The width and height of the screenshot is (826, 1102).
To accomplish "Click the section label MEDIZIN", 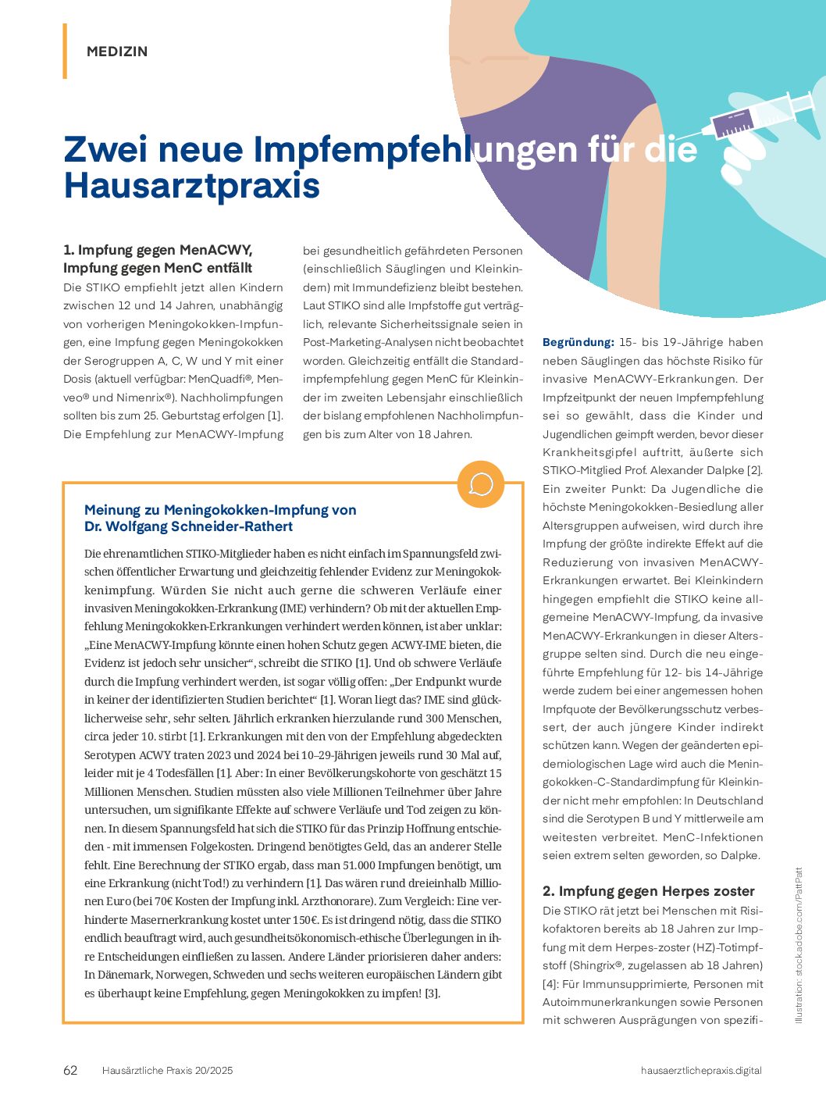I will (x=117, y=52).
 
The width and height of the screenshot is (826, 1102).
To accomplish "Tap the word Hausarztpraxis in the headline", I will (x=192, y=186).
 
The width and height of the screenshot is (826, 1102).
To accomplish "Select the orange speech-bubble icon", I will (x=480, y=484).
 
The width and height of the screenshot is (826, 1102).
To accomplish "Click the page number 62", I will (x=70, y=1070).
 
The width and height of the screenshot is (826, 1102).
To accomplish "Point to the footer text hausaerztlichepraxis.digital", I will (x=700, y=1070).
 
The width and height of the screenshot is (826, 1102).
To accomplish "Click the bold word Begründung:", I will (x=579, y=342).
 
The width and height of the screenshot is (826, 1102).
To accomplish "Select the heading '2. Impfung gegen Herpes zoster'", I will (x=648, y=891).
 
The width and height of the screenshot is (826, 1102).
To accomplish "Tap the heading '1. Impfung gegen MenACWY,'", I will (x=158, y=250).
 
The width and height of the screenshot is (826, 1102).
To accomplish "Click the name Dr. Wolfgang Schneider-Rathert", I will (x=188, y=526).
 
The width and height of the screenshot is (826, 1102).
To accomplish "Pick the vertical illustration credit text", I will (x=798, y=945).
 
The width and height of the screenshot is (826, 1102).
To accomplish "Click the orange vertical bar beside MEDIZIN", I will (x=65, y=51).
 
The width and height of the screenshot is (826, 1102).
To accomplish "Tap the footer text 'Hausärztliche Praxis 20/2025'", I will (x=167, y=1070).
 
